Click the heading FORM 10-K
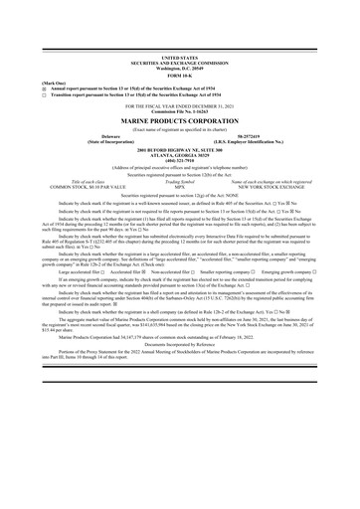point(179,77)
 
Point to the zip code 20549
point(197,70)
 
